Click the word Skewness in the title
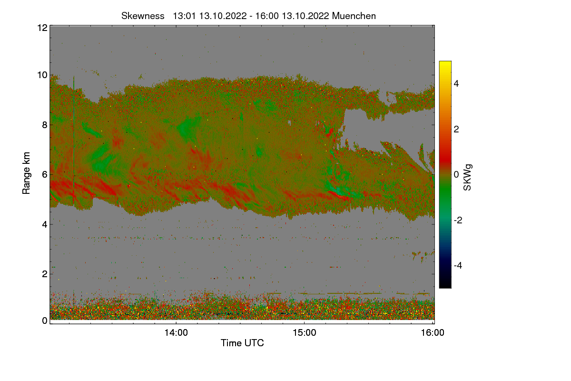click(143, 16)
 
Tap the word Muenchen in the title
click(354, 16)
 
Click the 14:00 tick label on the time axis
click(176, 333)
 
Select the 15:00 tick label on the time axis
click(305, 333)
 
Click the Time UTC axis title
click(242, 343)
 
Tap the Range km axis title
click(27, 174)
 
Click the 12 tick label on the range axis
click(42, 28)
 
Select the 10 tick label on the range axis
click(42, 75)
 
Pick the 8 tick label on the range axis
click(44, 125)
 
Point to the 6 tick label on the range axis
click(44, 174)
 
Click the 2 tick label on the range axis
click(44, 273)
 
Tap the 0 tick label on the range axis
click(44, 321)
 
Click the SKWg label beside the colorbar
click(468, 178)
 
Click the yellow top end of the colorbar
click(445, 63)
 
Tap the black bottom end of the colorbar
click(445, 286)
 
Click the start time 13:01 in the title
click(185, 16)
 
